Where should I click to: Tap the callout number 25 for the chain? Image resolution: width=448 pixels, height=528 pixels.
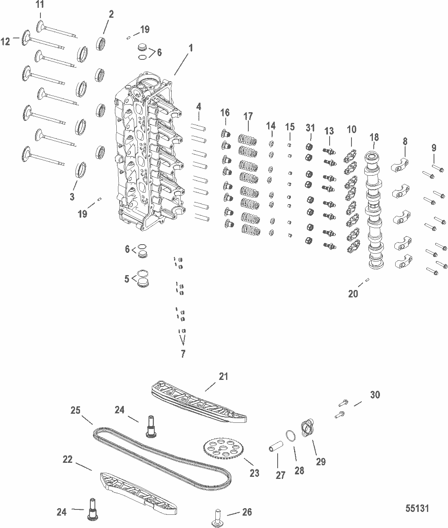point(75,410)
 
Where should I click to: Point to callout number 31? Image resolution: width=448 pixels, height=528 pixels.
point(310,128)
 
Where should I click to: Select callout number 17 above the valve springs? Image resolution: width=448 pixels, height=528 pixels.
point(248,116)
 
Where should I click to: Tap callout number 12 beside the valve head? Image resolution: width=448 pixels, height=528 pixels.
point(6,41)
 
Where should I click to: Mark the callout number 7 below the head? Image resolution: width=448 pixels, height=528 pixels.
point(183,354)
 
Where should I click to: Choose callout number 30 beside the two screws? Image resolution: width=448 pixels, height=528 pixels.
point(375,395)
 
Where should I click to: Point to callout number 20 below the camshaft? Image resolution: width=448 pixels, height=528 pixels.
point(353,294)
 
